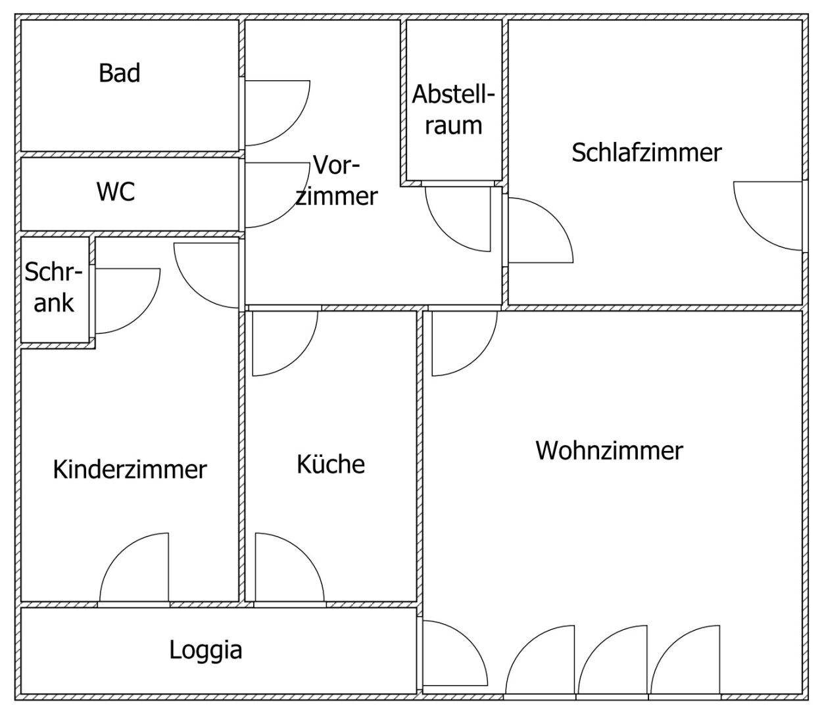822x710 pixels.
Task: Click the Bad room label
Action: click(120, 72)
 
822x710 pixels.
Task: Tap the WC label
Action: click(116, 191)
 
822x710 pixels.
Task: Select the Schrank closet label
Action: click(54, 287)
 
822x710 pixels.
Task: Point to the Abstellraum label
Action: click(453, 110)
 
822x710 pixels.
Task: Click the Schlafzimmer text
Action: click(646, 153)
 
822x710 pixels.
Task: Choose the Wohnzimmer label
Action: click(609, 451)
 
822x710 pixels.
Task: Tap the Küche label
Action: click(330, 464)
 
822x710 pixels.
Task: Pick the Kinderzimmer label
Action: click(130, 469)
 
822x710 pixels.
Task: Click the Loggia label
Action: click(206, 650)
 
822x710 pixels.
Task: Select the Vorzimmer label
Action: click(336, 180)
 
